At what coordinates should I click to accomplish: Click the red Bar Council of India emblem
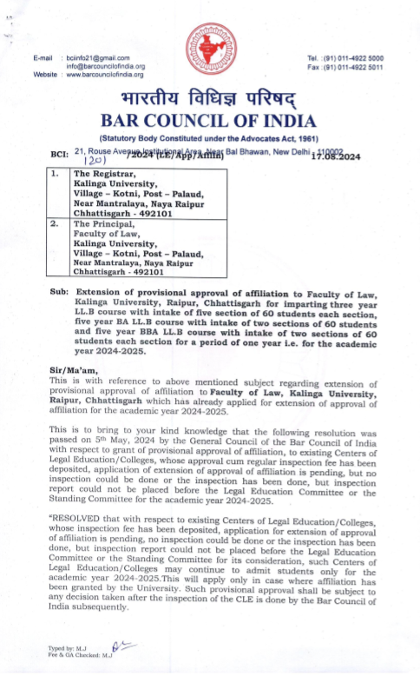coord(210,50)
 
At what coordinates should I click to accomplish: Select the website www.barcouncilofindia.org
coord(106,75)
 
